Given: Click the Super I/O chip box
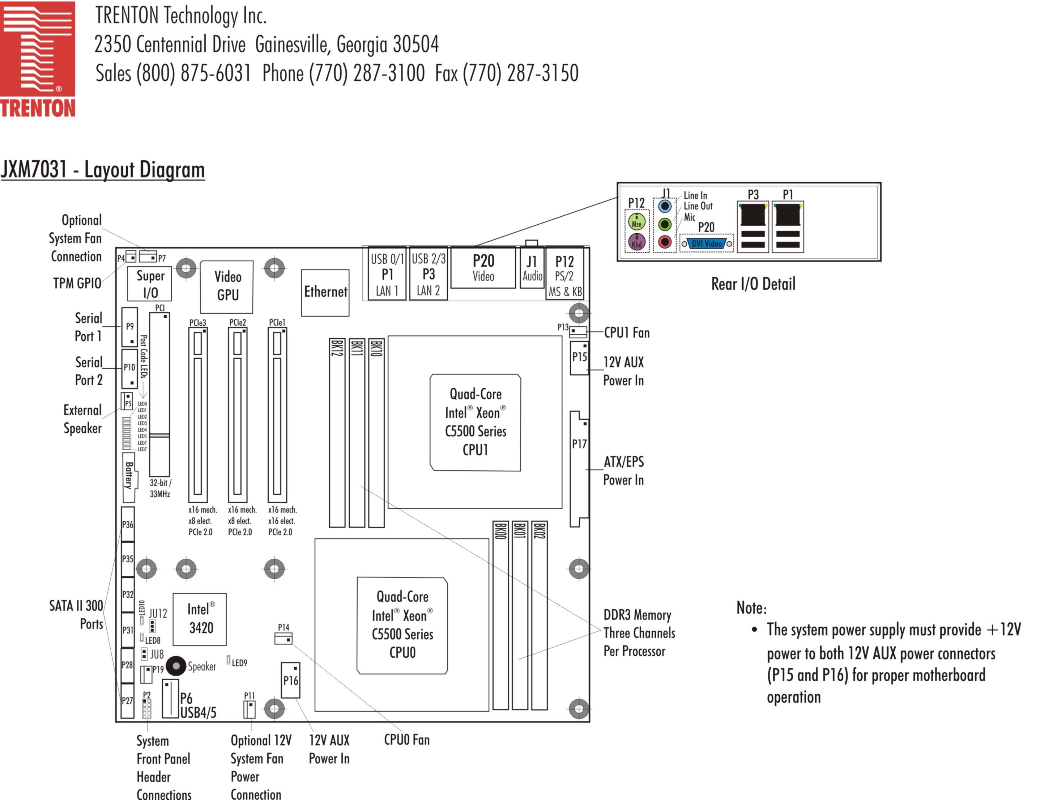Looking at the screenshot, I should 150,284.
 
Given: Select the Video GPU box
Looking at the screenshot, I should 226,287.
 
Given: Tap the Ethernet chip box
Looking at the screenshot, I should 325,292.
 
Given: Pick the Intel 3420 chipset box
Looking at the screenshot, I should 200,619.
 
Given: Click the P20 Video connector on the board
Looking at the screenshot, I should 483,268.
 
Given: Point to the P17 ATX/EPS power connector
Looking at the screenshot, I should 579,469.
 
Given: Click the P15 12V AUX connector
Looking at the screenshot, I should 579,358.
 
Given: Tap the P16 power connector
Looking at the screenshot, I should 290,680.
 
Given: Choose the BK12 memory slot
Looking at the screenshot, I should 337,433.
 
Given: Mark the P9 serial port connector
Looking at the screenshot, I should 129,327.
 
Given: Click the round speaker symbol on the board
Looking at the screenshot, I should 176,666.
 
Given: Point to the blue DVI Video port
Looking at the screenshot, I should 706,244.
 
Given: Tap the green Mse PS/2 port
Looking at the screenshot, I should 636,222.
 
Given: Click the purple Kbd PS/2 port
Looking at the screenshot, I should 636,242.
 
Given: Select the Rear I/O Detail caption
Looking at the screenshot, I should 753,284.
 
